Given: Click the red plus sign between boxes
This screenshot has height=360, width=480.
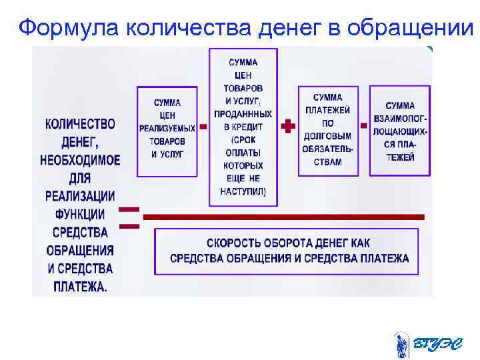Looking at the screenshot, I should pyautogui.click(x=288, y=126).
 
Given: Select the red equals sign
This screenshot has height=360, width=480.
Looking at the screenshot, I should pyautogui.click(x=129, y=218).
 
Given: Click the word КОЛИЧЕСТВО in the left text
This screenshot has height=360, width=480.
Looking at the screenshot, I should pyautogui.click(x=80, y=124).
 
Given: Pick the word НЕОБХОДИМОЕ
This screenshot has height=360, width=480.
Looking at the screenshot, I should pyautogui.click(x=80, y=160).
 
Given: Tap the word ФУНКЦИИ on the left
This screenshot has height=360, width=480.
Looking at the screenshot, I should pyautogui.click(x=80, y=215).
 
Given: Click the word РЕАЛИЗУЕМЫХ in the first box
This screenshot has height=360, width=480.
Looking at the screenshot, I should pyautogui.click(x=167, y=129).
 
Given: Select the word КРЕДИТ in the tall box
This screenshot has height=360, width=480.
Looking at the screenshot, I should pyautogui.click(x=249, y=127).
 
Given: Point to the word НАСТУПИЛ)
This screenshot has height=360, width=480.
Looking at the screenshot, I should pyautogui.click(x=243, y=191).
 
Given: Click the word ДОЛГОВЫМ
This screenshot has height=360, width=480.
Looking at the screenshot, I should pyautogui.click(x=328, y=135).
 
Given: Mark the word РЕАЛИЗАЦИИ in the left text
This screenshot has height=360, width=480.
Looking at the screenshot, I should pyautogui.click(x=80, y=197).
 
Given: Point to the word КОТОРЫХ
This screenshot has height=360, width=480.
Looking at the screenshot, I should pyautogui.click(x=243, y=165).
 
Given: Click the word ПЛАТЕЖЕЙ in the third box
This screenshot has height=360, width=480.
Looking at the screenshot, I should pyautogui.click(x=328, y=110).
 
